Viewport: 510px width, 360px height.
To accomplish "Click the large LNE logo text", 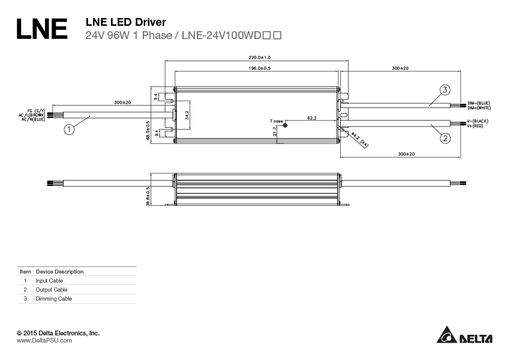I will tap(41, 29).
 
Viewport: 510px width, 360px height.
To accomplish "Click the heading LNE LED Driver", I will tap(126, 22).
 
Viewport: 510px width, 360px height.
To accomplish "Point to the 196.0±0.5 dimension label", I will tap(260, 69).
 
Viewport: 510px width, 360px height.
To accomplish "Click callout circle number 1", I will tap(70, 129).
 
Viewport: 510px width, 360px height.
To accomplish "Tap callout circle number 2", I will tap(445, 139).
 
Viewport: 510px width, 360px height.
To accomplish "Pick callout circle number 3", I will tap(445, 91).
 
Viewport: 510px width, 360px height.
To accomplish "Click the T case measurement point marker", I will tap(285, 125).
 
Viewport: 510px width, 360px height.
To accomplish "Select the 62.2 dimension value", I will tap(311, 118).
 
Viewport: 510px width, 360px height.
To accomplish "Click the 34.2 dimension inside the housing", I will tap(187, 115).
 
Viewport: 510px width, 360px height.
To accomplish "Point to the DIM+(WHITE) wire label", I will tap(479, 107).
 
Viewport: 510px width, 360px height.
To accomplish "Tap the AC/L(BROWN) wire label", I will tap(32, 115).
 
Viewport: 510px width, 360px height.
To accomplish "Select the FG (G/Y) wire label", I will tap(36, 111).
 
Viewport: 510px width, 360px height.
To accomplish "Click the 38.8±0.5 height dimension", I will tap(148, 196).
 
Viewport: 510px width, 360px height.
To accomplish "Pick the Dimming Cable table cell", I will tap(53, 299).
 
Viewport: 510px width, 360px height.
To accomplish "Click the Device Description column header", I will tap(59, 272).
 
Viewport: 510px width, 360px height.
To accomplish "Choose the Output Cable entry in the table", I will tap(52, 290).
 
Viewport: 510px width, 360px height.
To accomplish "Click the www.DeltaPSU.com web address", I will tap(44, 341).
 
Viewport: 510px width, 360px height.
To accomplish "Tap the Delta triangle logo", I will tap(446, 335).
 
